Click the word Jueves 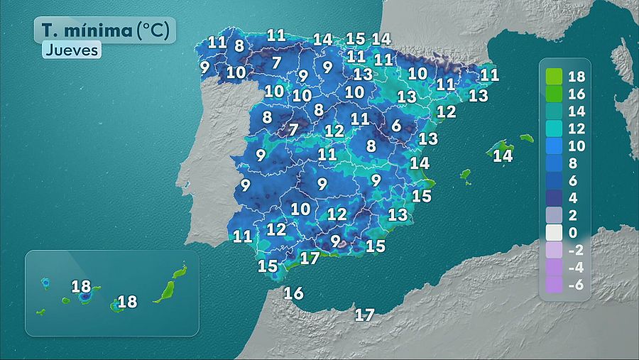click(72, 50)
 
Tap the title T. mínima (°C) click(104, 30)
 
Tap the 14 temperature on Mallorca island click(503, 155)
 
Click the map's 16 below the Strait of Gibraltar click(293, 293)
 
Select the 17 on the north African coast click(364, 315)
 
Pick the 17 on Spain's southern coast click(310, 258)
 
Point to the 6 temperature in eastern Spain click(396, 126)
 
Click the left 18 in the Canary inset click(81, 287)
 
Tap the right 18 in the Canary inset click(127, 302)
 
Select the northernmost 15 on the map click(355, 38)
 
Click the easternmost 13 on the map click(479, 95)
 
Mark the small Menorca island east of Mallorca click(526, 138)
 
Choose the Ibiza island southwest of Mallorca click(466, 175)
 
